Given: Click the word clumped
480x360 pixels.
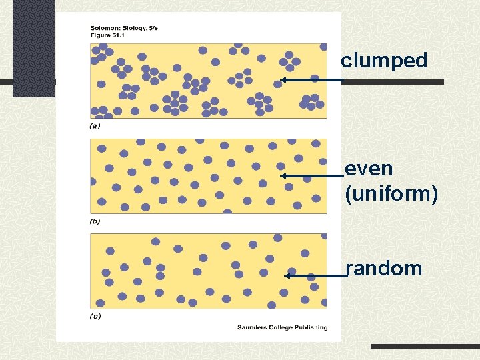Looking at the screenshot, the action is click(384, 61).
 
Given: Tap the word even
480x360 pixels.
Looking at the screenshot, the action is click(369, 169).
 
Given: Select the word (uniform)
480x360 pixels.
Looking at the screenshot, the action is click(391, 194).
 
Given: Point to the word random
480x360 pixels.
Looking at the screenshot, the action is click(385, 269).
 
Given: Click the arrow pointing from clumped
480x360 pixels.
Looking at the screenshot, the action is click(311, 80).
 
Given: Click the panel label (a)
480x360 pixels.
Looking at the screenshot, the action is click(95, 125).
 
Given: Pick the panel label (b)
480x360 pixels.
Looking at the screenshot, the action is click(95, 221).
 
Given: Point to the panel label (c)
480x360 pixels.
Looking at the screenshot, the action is click(95, 317).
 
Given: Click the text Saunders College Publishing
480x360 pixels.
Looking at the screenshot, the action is click(282, 327).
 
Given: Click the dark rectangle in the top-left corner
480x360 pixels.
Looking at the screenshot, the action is click(33, 47).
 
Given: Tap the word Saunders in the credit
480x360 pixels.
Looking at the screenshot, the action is click(250, 327).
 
